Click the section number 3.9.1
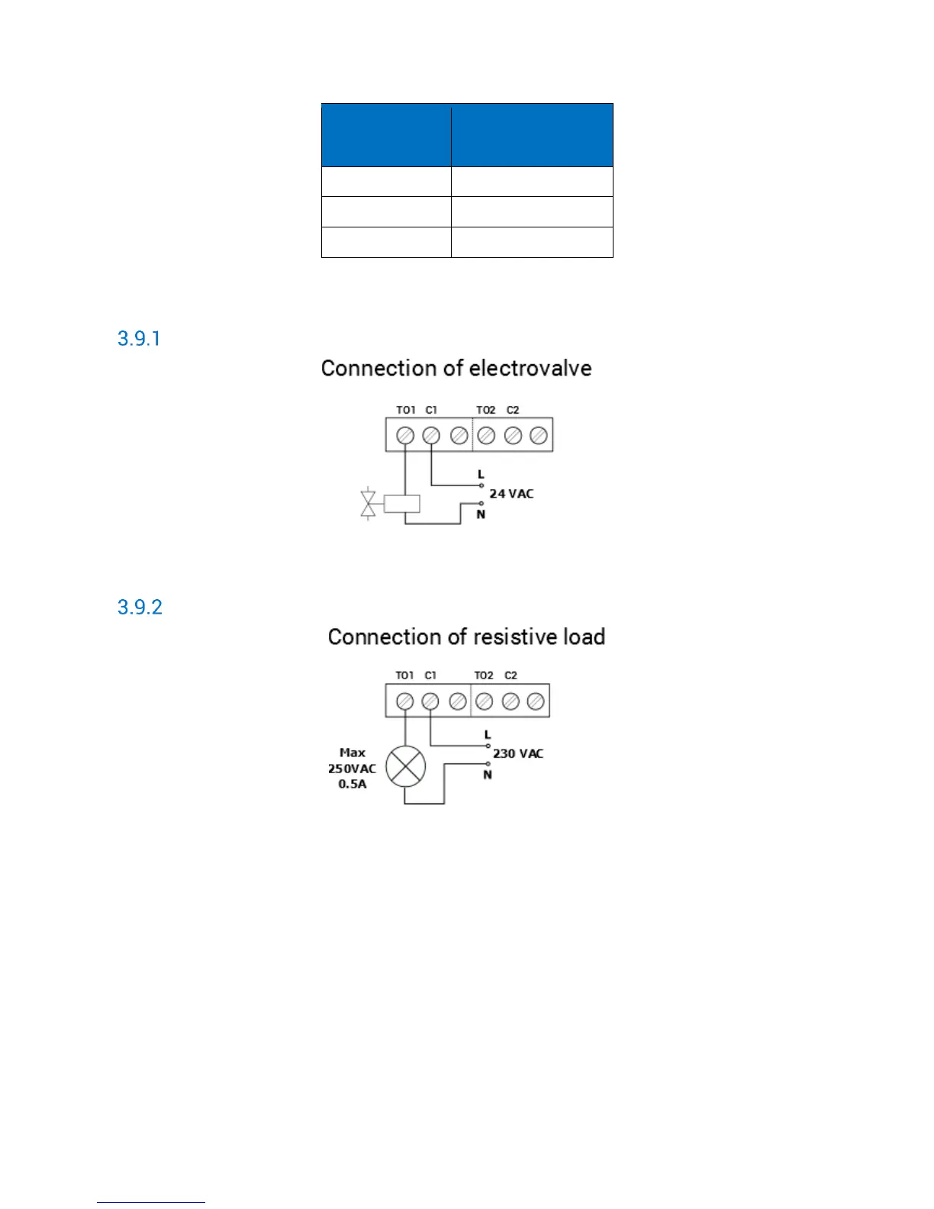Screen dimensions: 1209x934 pos(139,338)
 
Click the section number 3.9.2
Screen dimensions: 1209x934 pos(140,607)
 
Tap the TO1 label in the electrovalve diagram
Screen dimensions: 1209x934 pos(406,410)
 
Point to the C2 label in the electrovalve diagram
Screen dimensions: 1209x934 pos(513,410)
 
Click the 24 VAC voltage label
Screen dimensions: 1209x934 pos(511,494)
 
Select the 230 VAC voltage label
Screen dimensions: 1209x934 pos(518,753)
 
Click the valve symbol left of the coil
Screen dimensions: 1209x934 pos(369,504)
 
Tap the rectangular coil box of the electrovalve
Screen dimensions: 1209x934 pos(401,504)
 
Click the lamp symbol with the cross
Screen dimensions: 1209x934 pos(406,766)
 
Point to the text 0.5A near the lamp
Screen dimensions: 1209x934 pos(353,784)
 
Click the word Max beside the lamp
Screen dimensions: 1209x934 pos(353,753)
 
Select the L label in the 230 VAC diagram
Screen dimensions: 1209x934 pos(488,735)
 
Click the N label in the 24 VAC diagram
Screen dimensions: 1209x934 pos(481,514)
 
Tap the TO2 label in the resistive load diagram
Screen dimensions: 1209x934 pos(484,675)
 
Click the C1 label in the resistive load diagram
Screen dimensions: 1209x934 pos(430,675)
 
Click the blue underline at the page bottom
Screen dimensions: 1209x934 pos(151,1202)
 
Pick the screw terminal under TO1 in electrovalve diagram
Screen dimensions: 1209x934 pos(406,435)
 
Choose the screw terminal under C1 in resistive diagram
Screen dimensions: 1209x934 pos(430,701)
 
